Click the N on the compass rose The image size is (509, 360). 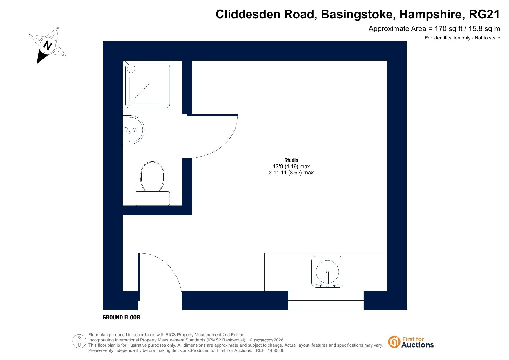click(48, 45)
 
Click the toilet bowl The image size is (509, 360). click(152, 176)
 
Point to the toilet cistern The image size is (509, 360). click(152, 198)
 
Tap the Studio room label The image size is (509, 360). click(291, 160)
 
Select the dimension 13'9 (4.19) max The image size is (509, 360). click(291, 167)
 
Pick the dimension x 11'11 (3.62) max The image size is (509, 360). click(291, 173)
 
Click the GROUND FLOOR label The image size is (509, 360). click(121, 317)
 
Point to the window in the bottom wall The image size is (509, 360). click(326, 300)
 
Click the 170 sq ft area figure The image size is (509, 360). click(448, 29)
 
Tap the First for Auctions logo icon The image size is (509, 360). click(394, 342)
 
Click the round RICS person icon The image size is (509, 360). click(79, 341)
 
